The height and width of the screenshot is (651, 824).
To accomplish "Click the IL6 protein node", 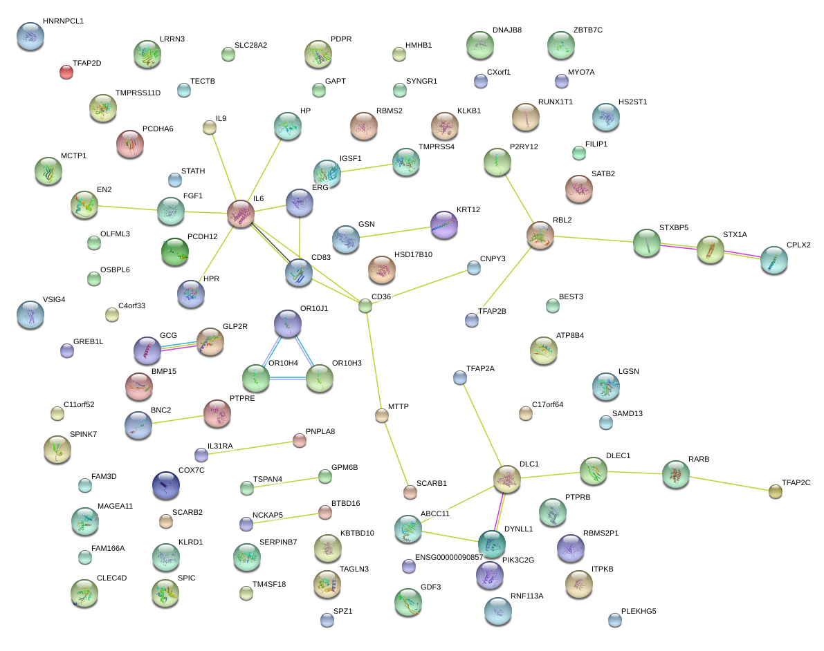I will coord(241,214).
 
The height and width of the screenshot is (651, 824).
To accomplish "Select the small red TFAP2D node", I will coord(66,71).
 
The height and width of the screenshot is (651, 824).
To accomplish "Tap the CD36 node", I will coord(365,305).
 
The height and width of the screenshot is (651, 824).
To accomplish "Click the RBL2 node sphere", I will coord(540,235).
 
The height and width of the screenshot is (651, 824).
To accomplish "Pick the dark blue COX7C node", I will coord(165,484).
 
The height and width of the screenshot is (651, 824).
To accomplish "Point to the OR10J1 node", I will coord(288,323).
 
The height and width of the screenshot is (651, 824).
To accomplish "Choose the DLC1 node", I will coord(507,479).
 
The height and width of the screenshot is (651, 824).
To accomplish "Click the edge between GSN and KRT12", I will coord(395,232).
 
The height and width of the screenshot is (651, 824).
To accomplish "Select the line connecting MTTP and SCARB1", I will coord(396,453).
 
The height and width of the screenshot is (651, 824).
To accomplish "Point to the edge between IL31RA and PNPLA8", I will coord(250,448).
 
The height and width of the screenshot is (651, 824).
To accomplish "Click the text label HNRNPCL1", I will coord(63,21).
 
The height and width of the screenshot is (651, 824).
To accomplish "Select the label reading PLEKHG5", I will coord(639,611).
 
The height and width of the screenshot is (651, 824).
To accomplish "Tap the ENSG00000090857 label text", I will coord(449,557).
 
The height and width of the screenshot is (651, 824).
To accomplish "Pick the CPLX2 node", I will coord(773,259).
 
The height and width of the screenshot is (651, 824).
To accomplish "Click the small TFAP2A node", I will coord(459,377).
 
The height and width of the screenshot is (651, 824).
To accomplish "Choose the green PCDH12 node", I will coord(174,252).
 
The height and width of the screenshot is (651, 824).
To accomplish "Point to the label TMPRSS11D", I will coord(138,93).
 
